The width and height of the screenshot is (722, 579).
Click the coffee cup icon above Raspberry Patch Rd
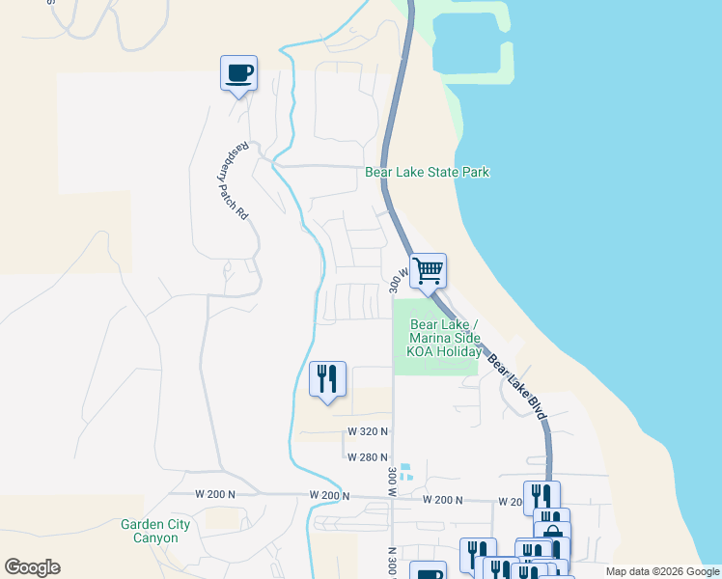coord(238,72)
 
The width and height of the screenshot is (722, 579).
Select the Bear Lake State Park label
coord(427,173)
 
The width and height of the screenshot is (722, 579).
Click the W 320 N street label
coord(368,431)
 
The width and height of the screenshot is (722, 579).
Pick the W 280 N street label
coord(368,457)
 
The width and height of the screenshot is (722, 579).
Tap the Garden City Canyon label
coord(155,531)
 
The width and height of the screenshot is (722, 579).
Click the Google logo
coord(32,567)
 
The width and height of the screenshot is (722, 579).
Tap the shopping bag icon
coord(552,532)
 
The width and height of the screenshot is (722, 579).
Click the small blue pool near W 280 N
coord(407,472)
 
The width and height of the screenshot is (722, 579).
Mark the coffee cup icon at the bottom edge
coord(428,572)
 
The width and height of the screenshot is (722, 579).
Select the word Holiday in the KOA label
coord(458,352)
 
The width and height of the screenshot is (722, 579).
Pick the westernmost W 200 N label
coord(214,494)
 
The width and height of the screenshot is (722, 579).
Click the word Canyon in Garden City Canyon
coord(155,538)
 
